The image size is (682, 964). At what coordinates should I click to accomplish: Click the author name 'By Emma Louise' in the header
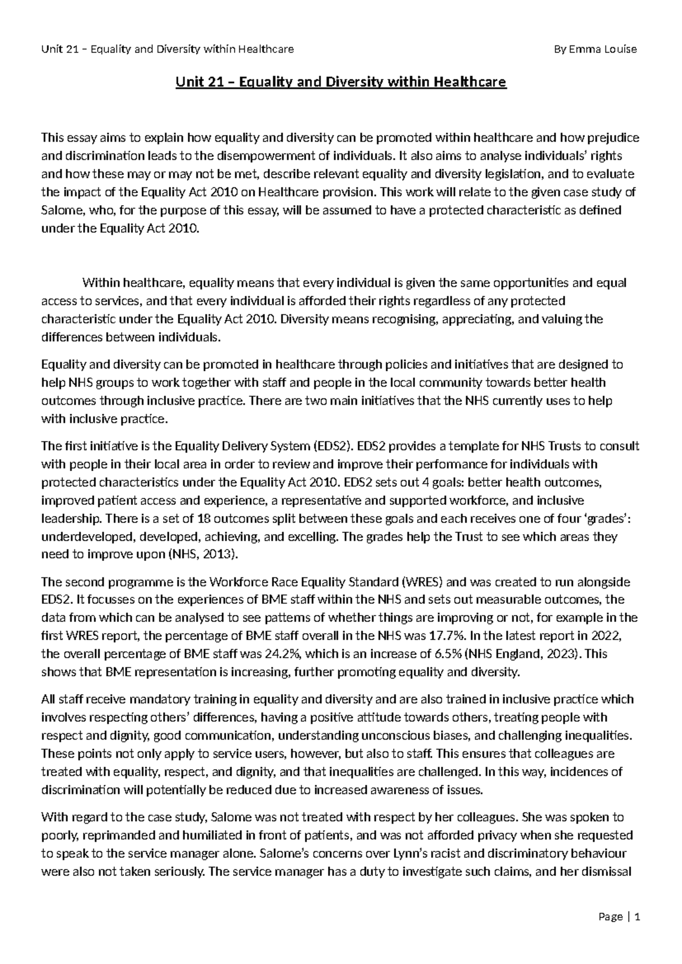coord(595,49)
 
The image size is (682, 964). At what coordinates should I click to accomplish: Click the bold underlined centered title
coord(340,83)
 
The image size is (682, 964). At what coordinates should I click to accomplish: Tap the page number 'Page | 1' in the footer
coord(619,917)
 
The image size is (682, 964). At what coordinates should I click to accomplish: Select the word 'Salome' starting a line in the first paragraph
coord(61,210)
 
